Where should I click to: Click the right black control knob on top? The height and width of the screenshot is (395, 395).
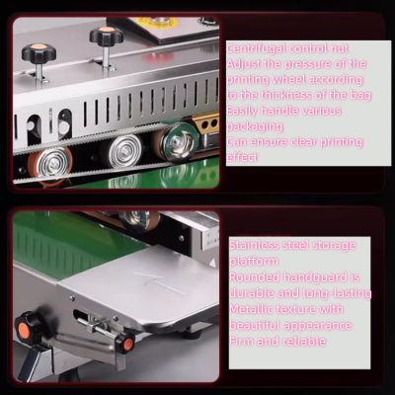tap(103, 38)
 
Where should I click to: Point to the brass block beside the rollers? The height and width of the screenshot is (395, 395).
tap(206, 123)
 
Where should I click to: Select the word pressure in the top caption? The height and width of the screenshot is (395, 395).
tap(300, 63)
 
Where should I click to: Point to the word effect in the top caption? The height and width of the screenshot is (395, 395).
tap(243, 158)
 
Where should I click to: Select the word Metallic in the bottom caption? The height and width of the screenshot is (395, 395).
tap(256, 309)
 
